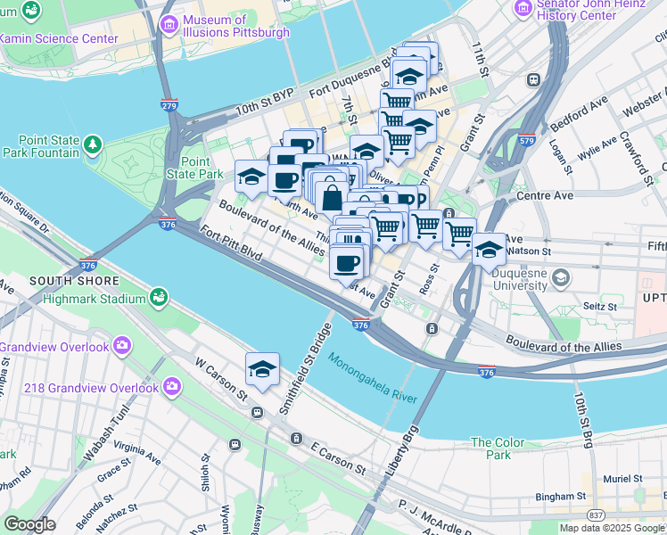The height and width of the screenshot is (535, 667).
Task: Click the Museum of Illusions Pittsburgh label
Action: [236, 26]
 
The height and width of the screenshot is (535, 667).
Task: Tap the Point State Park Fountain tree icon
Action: [92, 144]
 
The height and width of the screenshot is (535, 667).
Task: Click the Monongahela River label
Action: [373, 380]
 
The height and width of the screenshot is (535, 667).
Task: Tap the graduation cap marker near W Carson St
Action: [263, 369]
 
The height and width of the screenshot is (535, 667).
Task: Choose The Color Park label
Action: [498, 449]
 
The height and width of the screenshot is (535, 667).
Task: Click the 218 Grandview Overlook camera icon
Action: [170, 386]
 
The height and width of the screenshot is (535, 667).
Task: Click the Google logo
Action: [29, 523]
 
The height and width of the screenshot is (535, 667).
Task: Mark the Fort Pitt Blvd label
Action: [231, 243]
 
